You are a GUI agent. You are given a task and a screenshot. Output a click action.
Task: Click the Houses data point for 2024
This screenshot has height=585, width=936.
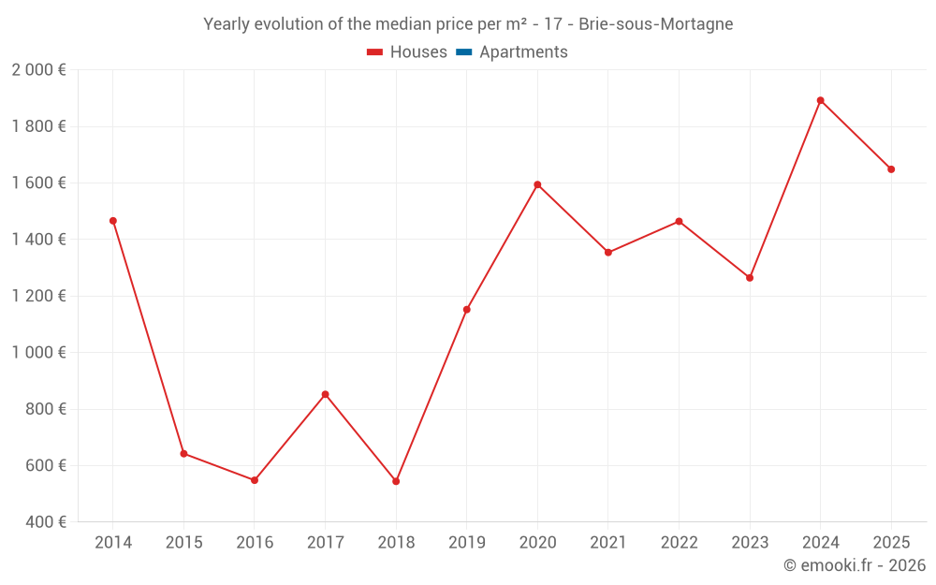pos(820,101)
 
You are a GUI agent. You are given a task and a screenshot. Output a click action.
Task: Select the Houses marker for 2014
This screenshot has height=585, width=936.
pos(113,221)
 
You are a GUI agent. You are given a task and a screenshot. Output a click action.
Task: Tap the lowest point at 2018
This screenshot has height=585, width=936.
pos(396,481)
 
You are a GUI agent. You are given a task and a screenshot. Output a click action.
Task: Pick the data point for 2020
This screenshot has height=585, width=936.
pos(537,185)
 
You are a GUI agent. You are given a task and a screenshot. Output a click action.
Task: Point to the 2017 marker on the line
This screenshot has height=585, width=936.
pos(325,395)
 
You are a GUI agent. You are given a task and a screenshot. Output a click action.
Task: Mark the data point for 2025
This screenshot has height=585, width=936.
pos(891,169)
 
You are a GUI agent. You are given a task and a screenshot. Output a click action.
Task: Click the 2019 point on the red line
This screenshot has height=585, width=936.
pos(467,310)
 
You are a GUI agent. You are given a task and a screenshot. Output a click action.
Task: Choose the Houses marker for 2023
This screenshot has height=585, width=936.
pos(749,278)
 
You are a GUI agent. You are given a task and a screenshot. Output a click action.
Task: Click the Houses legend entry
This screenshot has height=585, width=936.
pos(406,52)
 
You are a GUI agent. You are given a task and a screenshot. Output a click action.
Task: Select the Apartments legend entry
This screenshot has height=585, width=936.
pos(512,52)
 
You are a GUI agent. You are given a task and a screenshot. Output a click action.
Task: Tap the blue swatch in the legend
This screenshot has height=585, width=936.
pos(464,52)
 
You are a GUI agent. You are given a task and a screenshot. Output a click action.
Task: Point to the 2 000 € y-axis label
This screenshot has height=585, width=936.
pos(38,70)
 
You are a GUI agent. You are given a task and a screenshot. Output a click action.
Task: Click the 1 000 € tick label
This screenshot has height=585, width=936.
pos(38,352)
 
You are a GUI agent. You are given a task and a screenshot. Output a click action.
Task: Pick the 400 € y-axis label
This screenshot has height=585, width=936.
pos(46,521)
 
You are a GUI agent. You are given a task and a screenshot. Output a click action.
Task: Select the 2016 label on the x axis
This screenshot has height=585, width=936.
pos(255,542)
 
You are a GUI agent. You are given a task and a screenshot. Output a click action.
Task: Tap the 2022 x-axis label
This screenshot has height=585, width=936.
pos(679,542)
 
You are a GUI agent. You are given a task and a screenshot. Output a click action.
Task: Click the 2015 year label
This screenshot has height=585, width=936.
pos(183,542)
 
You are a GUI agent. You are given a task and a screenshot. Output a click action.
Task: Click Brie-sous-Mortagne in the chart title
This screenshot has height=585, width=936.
pos(655,24)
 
